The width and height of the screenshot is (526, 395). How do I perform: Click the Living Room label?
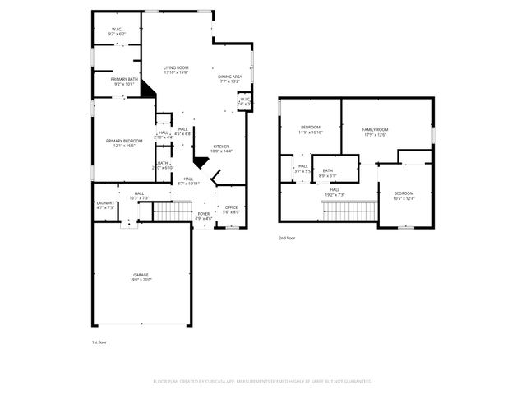coord(176,70)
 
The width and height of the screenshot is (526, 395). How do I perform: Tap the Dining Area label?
coord(229,79)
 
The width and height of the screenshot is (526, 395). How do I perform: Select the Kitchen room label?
coord(222,149)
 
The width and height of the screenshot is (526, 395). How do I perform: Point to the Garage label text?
coord(141,276)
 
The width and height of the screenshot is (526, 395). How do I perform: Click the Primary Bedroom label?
coord(124,143)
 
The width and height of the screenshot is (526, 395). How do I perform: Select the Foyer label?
coord(204,216)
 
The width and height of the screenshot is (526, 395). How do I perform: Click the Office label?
coord(231,210)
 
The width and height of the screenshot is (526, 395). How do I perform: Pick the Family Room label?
coord(375,132)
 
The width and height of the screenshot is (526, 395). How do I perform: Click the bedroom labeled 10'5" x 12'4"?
coord(404,195)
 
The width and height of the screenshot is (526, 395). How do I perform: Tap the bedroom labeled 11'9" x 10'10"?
coord(311,129)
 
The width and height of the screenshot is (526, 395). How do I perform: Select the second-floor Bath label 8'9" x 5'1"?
coord(327,173)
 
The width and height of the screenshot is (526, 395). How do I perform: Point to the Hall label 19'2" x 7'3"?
coord(335,192)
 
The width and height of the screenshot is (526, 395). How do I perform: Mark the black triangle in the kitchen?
coord(201,162)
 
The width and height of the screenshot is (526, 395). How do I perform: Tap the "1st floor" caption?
coord(99,342)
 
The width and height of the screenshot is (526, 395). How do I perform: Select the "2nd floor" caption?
coord(287,238)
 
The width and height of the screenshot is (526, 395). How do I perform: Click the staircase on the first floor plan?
coord(172,212)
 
